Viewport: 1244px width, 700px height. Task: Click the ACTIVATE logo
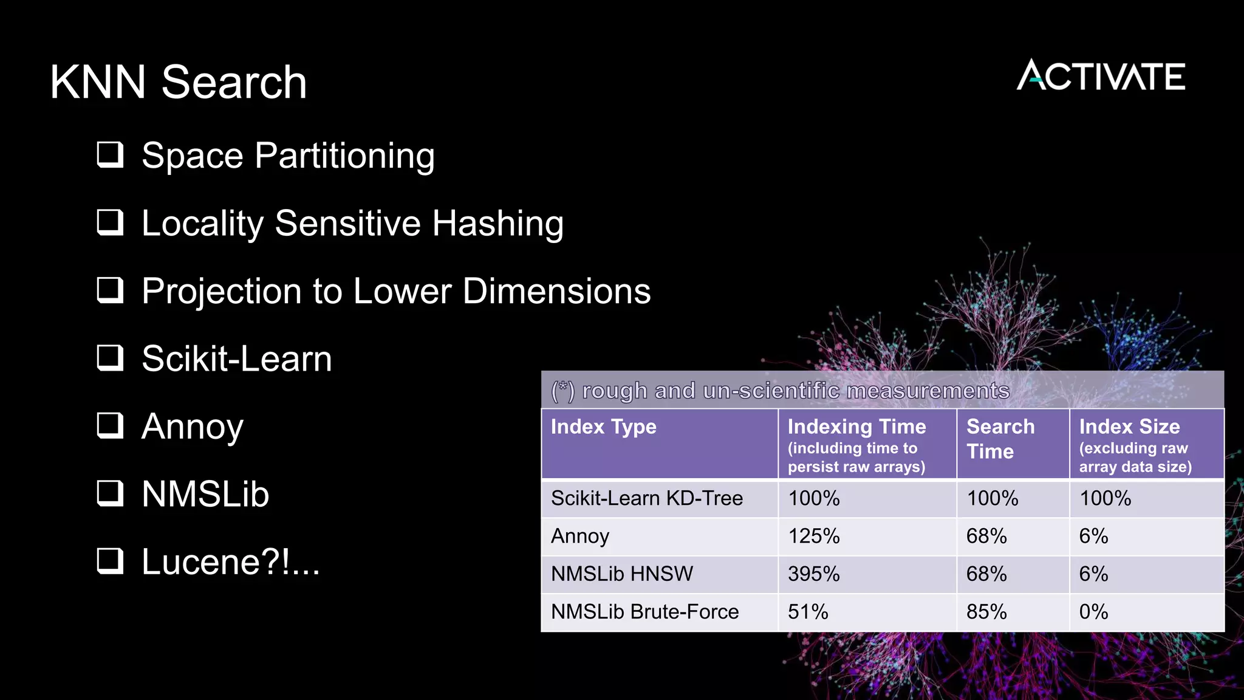point(1101,76)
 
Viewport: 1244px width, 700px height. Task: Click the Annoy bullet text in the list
point(192,427)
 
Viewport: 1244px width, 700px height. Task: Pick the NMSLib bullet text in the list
point(205,494)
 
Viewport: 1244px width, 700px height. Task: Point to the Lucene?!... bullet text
point(230,561)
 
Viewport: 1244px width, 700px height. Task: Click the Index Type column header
point(603,427)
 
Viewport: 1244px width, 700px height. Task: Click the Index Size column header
point(1129,427)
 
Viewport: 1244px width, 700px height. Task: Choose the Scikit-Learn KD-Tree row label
point(646,498)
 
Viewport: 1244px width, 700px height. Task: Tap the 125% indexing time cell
point(813,536)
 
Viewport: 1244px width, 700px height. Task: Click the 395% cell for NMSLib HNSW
point(813,574)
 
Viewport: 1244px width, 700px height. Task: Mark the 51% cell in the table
point(808,611)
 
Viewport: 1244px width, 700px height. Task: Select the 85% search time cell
point(986,611)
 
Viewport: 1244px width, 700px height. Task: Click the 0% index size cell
point(1093,611)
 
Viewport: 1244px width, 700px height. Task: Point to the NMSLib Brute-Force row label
point(644,611)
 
